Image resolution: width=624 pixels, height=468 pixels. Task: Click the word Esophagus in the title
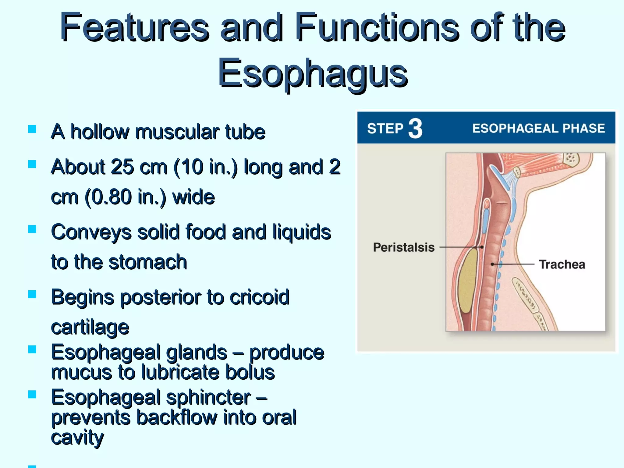[313, 73]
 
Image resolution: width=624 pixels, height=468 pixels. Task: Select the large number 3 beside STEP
[415, 129]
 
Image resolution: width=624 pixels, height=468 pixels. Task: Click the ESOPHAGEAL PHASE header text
[538, 129]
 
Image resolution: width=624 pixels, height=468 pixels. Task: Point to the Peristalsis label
[404, 247]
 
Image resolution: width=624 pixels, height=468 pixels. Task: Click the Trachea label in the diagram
[562, 264]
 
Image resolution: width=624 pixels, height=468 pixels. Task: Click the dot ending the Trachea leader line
[492, 264]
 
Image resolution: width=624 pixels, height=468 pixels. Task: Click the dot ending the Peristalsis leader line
[482, 247]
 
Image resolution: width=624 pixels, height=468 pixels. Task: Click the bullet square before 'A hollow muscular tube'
[32, 129]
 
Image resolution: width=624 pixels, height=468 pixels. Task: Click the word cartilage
[90, 328]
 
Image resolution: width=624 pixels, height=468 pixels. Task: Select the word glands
[197, 353]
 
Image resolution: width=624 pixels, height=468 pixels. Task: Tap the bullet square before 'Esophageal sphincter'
[32, 395]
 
